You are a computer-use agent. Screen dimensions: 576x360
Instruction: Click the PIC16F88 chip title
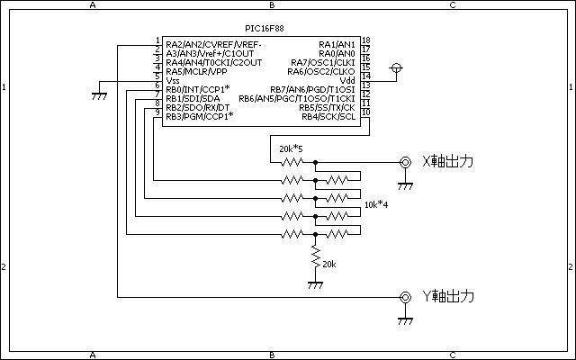click(x=265, y=28)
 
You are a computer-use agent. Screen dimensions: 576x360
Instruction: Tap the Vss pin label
click(x=173, y=80)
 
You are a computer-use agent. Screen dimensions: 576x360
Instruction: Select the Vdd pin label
click(x=347, y=80)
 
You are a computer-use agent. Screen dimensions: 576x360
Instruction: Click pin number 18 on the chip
click(x=366, y=40)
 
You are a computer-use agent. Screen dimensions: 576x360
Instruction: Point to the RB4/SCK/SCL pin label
click(x=328, y=117)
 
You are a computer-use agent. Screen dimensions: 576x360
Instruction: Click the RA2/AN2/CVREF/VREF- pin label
click(x=213, y=44)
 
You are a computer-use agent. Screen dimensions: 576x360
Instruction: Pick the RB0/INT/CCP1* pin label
click(x=198, y=89)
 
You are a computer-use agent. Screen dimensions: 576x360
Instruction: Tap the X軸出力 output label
click(x=448, y=162)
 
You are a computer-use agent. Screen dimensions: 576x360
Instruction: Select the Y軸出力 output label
click(x=448, y=296)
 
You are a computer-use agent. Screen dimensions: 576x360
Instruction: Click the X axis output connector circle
click(x=405, y=162)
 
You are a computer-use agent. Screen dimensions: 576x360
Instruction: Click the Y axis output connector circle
click(x=405, y=297)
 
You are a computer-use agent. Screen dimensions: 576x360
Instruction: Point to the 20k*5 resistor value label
click(x=291, y=148)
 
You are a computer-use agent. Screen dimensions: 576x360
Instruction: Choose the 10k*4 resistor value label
click(x=376, y=204)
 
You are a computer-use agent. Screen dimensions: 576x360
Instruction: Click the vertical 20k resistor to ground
click(x=315, y=256)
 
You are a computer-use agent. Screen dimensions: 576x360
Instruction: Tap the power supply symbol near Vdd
click(x=396, y=68)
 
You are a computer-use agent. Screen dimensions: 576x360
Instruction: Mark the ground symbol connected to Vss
click(x=99, y=96)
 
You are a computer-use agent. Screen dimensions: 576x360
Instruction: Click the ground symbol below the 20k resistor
click(x=315, y=285)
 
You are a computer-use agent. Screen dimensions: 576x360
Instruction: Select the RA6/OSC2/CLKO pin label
click(x=321, y=71)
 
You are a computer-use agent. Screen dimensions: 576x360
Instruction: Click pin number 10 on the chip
click(x=366, y=112)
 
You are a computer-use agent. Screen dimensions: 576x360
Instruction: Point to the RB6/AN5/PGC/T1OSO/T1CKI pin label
click(x=297, y=98)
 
